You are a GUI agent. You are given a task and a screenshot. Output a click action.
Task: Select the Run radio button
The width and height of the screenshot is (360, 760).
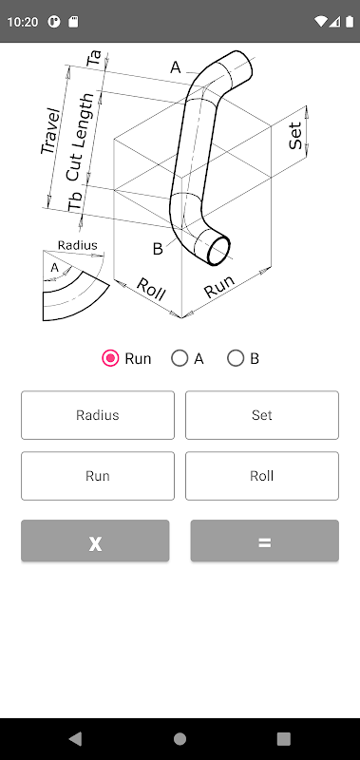110,358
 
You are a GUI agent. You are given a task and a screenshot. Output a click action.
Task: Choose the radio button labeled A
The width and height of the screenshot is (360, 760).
180,358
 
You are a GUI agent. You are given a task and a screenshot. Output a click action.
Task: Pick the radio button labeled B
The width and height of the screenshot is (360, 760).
236,358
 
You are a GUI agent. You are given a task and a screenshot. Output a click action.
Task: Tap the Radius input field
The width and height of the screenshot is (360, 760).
98,415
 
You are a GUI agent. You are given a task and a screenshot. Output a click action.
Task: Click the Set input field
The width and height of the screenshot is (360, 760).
261,415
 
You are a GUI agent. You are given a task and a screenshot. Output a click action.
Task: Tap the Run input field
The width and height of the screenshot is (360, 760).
98,476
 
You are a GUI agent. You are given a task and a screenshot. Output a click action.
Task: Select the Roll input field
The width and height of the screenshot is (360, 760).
261,476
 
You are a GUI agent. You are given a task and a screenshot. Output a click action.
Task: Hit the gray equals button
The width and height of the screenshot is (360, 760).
265,541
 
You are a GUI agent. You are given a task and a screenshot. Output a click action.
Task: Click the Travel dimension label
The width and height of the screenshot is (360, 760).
50,132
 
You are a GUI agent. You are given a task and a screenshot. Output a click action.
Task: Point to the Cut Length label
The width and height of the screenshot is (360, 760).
80,137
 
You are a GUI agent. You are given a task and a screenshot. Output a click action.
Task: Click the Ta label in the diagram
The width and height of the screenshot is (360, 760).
94,58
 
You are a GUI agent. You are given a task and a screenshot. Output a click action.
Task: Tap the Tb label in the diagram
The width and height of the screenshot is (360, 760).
76,202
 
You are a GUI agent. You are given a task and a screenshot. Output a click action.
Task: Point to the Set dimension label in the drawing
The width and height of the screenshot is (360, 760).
295,136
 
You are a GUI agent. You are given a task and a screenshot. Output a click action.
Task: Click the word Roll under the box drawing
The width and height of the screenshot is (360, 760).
151,290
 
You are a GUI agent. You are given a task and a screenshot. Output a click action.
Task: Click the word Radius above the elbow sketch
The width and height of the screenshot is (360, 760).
78,245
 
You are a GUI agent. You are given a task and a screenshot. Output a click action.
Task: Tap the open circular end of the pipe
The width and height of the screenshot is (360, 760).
218,251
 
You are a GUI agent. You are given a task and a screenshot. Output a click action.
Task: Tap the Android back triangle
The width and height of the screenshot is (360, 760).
75,739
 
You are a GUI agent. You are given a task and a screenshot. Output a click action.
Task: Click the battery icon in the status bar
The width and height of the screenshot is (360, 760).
350,22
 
